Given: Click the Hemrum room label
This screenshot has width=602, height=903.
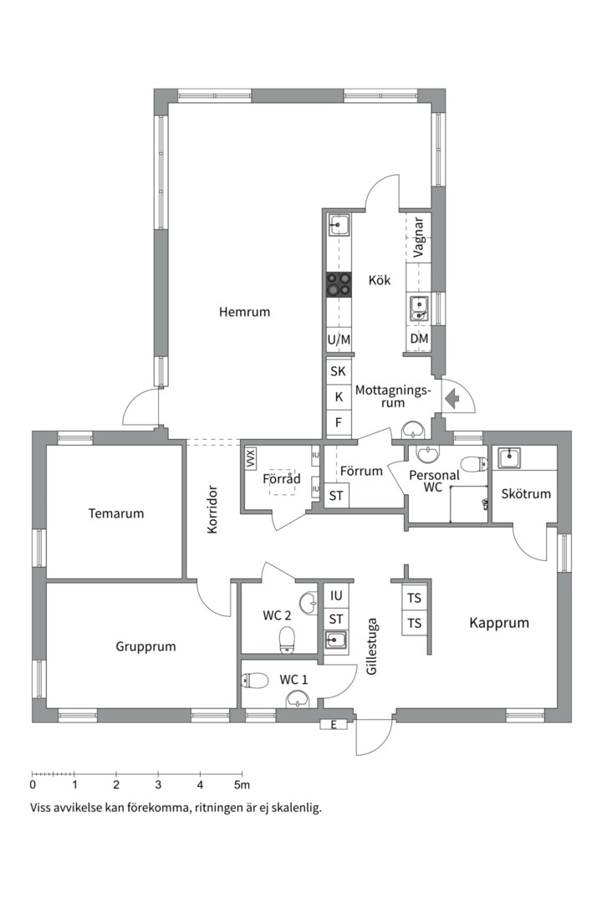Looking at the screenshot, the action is click(244, 312).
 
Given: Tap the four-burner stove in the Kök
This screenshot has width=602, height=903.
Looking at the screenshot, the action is click(339, 284).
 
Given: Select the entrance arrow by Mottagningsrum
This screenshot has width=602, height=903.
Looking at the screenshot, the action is click(452, 398).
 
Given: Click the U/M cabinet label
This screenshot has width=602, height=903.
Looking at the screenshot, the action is click(339, 339).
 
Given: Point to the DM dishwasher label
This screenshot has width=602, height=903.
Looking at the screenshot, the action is click(420, 339).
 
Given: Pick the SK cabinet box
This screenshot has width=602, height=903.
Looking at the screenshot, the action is click(338, 371).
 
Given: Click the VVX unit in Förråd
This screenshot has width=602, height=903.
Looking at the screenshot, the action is click(250, 458).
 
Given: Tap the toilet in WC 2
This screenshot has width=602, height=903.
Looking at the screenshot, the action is click(286, 640).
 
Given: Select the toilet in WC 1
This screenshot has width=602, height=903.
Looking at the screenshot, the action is click(255, 681).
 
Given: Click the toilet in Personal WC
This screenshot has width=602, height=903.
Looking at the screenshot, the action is click(475, 463).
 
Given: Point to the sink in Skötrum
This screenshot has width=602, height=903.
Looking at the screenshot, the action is click(510, 458).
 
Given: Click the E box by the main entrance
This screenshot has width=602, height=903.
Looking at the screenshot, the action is click(334, 725).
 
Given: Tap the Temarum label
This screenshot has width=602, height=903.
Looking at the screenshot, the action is click(115, 513).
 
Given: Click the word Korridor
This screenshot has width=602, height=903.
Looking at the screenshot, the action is click(212, 510).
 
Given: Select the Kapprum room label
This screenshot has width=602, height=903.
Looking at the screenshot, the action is click(499, 623).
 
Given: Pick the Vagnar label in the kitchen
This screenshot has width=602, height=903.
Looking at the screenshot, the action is click(419, 237).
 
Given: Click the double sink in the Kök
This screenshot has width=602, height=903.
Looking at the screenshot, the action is click(419, 308).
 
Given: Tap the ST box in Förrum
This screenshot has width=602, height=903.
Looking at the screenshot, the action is click(336, 496).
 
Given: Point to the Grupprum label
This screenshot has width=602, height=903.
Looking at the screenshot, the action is click(145, 646).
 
